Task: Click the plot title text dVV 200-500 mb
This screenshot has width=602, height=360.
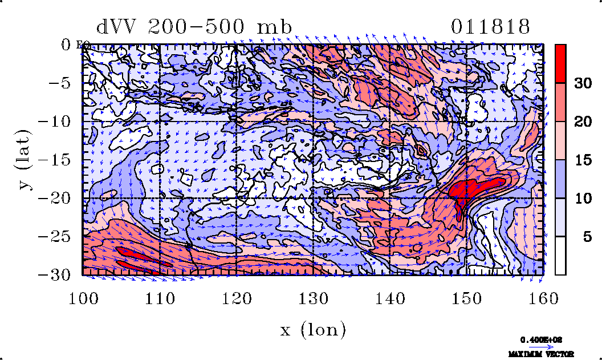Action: (x=194, y=27)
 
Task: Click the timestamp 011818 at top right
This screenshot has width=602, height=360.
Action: (x=491, y=27)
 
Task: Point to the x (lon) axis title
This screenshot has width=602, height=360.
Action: (x=313, y=329)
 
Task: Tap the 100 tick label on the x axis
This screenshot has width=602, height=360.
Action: (x=83, y=297)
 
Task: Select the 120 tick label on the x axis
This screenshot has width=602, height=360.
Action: (x=237, y=297)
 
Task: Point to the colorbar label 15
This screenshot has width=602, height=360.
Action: (x=583, y=160)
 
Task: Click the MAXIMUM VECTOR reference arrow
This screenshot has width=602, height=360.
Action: (x=538, y=346)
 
